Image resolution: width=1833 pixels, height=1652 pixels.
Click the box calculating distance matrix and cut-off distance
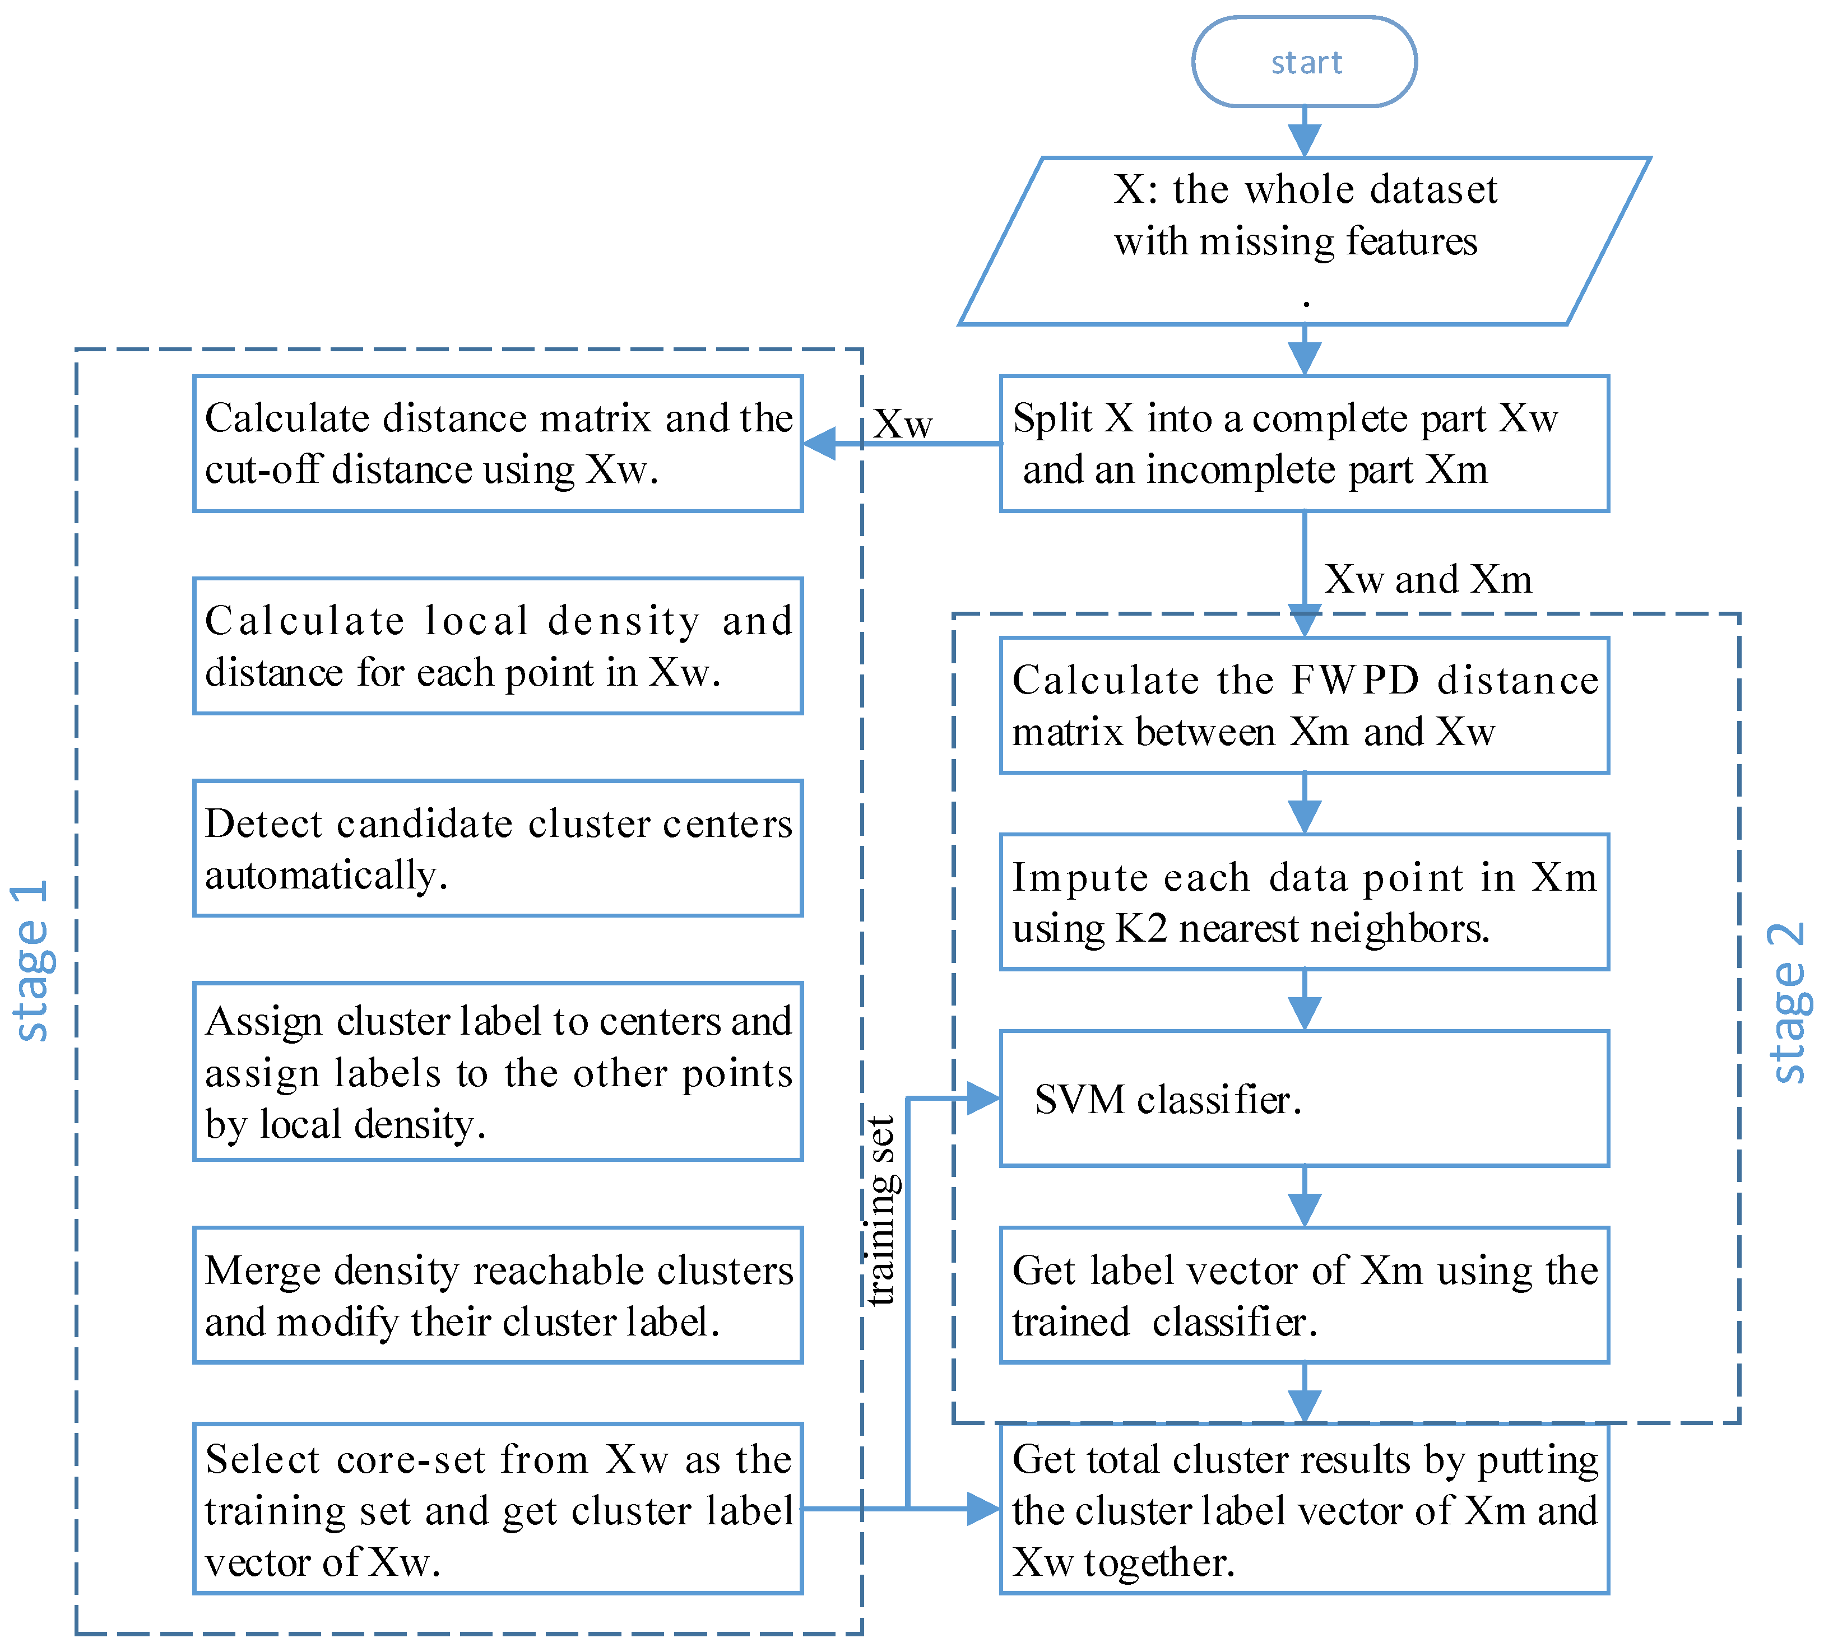click(x=498, y=444)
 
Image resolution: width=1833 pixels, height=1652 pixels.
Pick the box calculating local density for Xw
click(x=498, y=646)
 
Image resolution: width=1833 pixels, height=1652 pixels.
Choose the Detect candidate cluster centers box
click(x=498, y=849)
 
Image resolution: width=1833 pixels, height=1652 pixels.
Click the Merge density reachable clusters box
click(x=498, y=1295)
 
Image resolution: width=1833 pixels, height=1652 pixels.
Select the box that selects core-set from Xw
click(x=498, y=1510)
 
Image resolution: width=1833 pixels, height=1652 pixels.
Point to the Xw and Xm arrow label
click(x=1427, y=579)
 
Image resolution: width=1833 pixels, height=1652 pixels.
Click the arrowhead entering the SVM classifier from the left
click(x=983, y=1099)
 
